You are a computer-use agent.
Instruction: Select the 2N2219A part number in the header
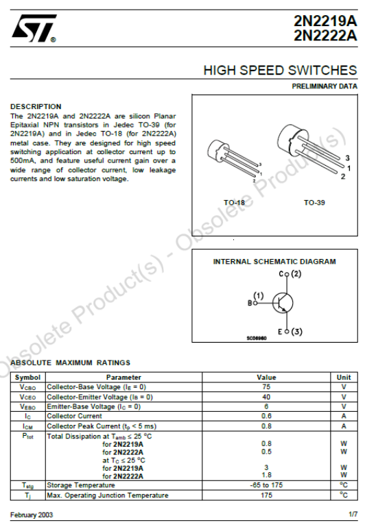(x=325, y=23)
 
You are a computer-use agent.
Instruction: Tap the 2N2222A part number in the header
(x=325, y=36)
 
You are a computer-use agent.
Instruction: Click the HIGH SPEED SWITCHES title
(x=280, y=71)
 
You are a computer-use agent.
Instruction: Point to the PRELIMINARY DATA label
(x=325, y=86)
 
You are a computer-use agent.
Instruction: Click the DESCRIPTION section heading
(x=36, y=106)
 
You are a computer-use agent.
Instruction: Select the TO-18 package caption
(x=234, y=203)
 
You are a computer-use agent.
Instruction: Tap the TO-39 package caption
(x=314, y=203)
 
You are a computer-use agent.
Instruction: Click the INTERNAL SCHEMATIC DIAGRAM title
(x=274, y=262)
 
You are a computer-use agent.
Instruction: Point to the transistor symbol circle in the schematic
(x=282, y=302)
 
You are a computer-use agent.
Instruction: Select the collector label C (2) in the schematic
(x=290, y=274)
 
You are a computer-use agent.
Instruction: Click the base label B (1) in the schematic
(x=255, y=299)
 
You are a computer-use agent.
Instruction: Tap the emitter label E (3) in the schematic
(x=290, y=332)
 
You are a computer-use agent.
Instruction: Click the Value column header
(x=266, y=378)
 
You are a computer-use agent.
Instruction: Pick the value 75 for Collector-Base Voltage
(x=266, y=387)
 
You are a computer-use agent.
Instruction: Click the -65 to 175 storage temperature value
(x=266, y=485)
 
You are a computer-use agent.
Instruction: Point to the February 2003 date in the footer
(x=32, y=515)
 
